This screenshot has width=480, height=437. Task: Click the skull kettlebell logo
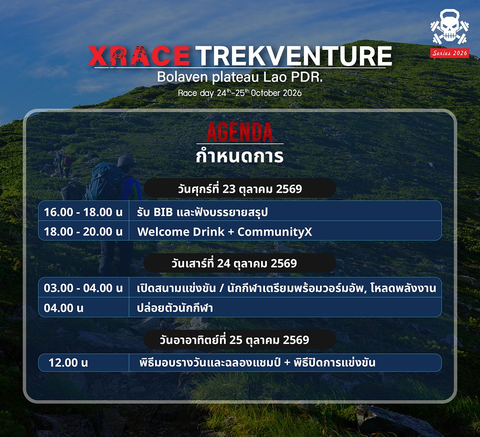point(449,28)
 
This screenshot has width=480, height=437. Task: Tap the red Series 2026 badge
point(450,53)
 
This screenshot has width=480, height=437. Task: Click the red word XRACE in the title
point(139,56)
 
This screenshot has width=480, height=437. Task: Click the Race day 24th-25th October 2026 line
point(240,93)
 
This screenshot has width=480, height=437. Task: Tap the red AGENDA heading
point(240,132)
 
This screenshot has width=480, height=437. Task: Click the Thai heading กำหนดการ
point(240,156)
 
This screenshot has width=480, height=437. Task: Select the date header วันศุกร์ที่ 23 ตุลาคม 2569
point(240,189)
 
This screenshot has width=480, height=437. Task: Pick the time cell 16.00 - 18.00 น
point(83,212)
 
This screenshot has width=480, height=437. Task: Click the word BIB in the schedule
point(163,212)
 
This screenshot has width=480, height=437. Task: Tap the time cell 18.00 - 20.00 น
point(83,231)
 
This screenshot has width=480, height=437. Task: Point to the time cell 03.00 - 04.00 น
point(83,288)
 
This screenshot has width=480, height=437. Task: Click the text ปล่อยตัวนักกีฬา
point(175,308)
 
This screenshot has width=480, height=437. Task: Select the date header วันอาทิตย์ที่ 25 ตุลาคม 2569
point(234,340)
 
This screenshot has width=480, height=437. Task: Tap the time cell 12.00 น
point(68,363)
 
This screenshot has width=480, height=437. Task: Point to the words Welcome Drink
point(181,232)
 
